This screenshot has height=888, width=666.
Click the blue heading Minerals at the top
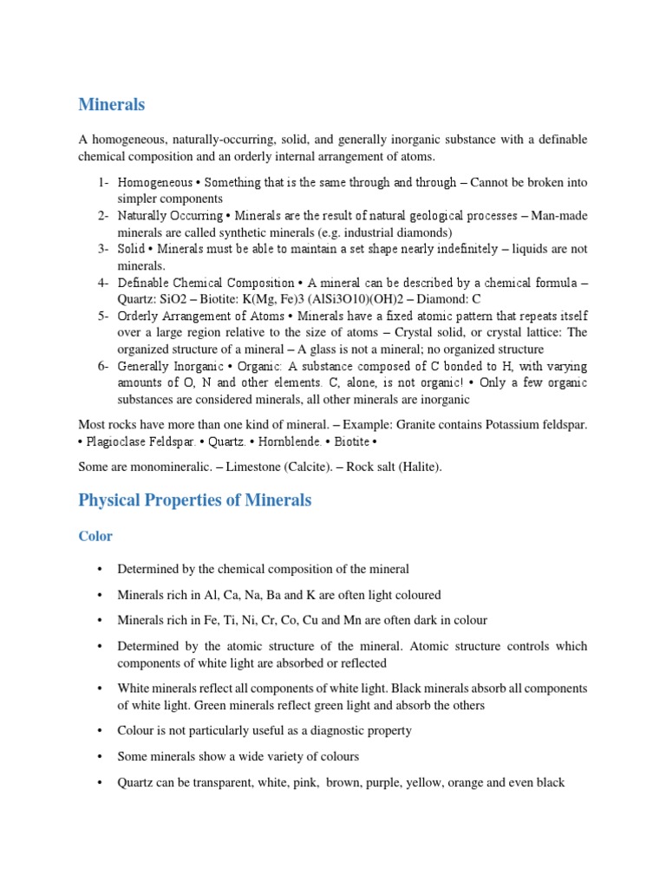pyautogui.click(x=112, y=105)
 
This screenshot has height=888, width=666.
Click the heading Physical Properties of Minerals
pyautogui.click(x=194, y=500)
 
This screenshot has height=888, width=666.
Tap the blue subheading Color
pyautogui.click(x=95, y=536)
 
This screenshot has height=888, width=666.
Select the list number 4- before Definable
pyautogui.click(x=103, y=283)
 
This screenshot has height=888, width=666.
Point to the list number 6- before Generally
pyautogui.click(x=103, y=366)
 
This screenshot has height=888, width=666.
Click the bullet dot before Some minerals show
pyautogui.click(x=101, y=756)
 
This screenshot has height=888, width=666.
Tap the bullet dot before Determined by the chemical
pyautogui.click(x=101, y=569)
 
